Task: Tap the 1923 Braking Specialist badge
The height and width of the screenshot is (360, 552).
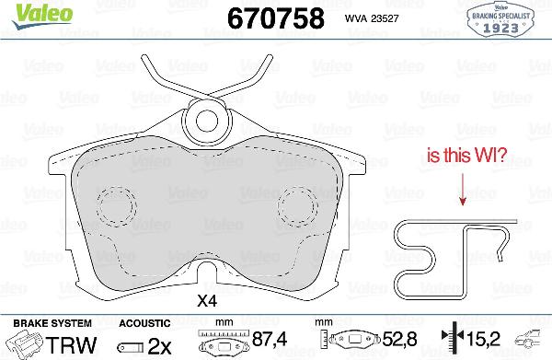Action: pos(502,17)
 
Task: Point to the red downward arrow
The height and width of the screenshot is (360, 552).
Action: pos(462,189)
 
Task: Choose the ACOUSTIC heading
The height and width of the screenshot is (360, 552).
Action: pos(144,323)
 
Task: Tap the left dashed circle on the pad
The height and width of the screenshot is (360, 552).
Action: pos(116,203)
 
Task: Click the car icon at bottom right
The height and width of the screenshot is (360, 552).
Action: pos(532,340)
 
